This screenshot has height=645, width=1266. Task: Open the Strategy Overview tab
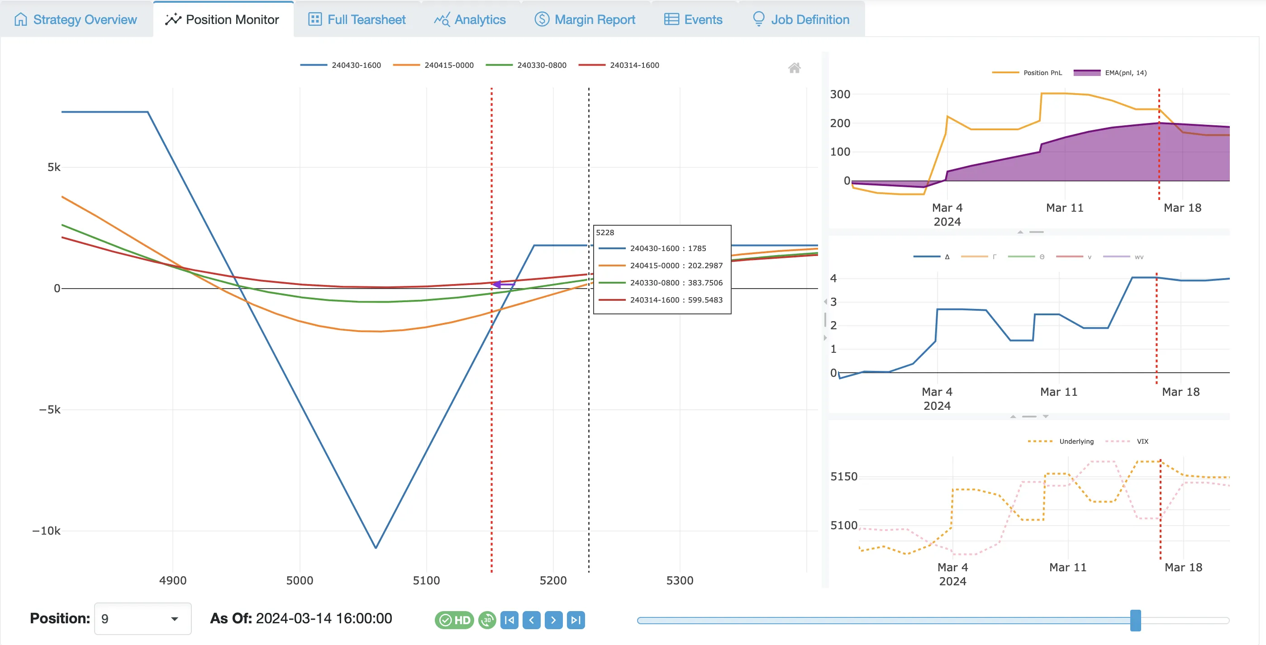[x=76, y=19]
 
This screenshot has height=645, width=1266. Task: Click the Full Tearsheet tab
[x=357, y=19]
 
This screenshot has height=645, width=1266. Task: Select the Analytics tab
[x=470, y=19]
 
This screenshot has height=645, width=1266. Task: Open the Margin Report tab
[x=585, y=19]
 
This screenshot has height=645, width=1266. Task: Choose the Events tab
[x=693, y=19]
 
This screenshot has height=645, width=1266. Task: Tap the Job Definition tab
[x=801, y=19]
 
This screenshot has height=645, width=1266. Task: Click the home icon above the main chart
[x=794, y=68]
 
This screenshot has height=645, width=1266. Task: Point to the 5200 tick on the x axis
[x=553, y=581]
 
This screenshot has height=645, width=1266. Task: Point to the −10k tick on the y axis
[x=47, y=531]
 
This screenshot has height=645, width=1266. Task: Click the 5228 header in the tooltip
[x=605, y=233]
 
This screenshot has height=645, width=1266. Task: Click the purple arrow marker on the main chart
[x=498, y=285]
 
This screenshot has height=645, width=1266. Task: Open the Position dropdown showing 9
[x=143, y=619]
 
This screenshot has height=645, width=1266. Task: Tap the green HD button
[x=454, y=620]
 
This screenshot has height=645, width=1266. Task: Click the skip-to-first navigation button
[x=509, y=620]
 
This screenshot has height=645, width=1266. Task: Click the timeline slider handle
[x=1135, y=621]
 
